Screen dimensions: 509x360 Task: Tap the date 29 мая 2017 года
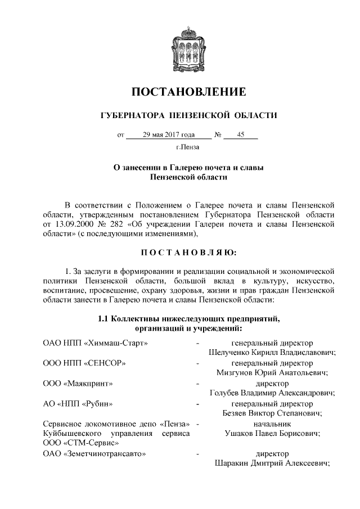click(169, 135)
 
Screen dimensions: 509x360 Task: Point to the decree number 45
click(240, 135)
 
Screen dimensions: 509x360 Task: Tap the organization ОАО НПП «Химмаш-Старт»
click(87, 343)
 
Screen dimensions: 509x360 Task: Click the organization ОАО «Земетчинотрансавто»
click(94, 454)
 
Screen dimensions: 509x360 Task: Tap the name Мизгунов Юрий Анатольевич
click(272, 373)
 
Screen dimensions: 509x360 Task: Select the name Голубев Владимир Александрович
click(272, 393)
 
